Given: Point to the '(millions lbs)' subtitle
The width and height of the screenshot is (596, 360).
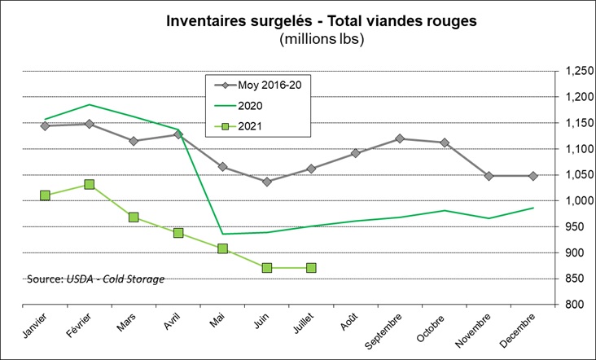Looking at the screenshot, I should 298,38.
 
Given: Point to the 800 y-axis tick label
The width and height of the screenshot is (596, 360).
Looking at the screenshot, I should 572,305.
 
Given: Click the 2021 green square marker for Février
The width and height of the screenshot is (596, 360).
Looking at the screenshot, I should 90,185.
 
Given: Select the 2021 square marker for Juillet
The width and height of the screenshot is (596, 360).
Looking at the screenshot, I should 311,268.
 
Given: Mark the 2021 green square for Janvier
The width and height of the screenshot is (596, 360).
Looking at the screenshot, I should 45,195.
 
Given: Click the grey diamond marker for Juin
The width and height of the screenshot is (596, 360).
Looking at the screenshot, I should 267,182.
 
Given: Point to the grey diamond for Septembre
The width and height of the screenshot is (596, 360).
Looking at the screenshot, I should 400,138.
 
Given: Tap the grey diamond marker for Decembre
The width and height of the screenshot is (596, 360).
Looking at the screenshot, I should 533,176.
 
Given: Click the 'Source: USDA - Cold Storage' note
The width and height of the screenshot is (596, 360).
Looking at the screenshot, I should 95,279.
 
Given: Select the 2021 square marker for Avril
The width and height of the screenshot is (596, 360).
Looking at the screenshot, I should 178,233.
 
